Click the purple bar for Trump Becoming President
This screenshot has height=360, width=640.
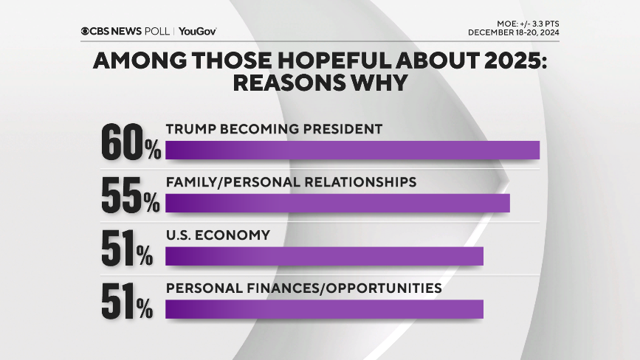352,150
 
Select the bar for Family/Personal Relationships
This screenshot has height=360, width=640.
337,203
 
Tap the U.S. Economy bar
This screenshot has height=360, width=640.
324,256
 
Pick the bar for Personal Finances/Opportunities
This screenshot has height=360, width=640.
324,309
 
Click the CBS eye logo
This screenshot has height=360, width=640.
86,31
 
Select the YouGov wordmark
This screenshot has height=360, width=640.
197,31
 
